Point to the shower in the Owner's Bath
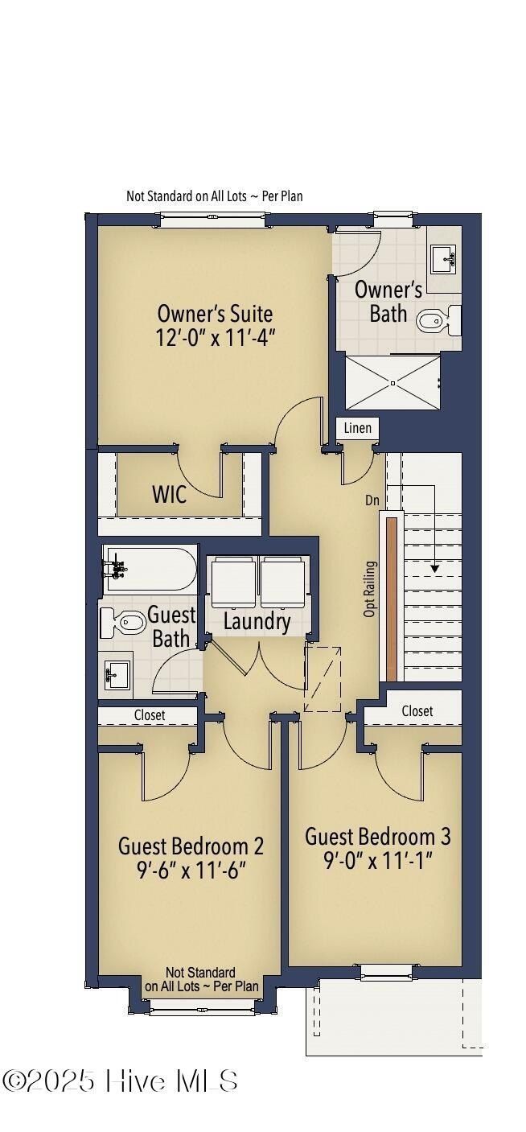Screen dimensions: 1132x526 tap(392, 383)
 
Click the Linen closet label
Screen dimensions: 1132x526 tap(358, 428)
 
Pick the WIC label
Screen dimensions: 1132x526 tap(170, 494)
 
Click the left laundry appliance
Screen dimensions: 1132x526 tap(233, 583)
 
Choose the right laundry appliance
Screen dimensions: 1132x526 tap(282, 583)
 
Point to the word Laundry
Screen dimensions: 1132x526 tap(257, 621)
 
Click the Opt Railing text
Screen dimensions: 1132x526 tap(370, 589)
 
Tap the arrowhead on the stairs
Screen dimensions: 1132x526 tap(435, 568)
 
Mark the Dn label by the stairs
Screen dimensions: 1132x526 tap(372, 500)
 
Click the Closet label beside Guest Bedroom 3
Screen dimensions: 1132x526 tap(417, 711)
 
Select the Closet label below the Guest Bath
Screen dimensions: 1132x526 tap(150, 714)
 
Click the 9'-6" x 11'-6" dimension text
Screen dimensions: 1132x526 tap(191, 871)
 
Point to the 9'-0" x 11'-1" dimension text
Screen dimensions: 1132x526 tap(377, 861)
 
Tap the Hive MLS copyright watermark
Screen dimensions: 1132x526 tap(121, 1081)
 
